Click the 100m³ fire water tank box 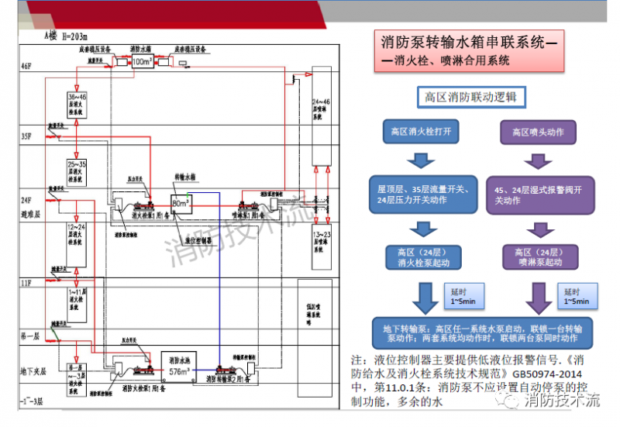point(143,60)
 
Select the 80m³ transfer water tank point(181,203)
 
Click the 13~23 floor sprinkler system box point(322,240)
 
